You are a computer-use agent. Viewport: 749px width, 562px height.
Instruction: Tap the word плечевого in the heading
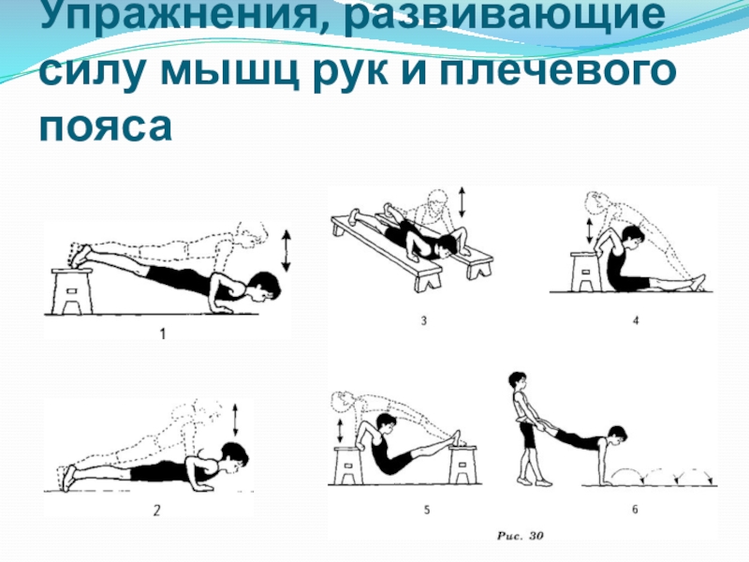(x=557, y=72)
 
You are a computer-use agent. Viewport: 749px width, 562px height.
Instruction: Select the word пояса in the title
(x=106, y=126)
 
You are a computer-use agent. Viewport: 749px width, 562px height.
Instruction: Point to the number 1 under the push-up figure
(x=163, y=333)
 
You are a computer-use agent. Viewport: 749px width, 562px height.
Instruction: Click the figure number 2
(x=156, y=510)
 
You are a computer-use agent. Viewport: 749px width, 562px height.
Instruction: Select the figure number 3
(x=424, y=320)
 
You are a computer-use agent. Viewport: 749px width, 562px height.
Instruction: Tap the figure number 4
(x=636, y=320)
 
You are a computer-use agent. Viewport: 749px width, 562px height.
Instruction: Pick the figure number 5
(x=427, y=510)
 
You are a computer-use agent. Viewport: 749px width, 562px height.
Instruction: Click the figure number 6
(x=636, y=510)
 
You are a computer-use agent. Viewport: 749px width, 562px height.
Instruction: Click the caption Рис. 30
(x=521, y=536)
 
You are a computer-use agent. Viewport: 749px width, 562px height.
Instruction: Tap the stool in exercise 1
(x=72, y=291)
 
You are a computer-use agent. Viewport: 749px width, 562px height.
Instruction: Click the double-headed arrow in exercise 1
(x=286, y=251)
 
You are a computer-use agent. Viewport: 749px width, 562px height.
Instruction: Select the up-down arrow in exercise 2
(x=235, y=420)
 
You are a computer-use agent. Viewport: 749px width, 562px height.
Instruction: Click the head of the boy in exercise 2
(x=235, y=455)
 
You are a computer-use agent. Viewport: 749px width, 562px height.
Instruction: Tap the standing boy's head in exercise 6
(x=518, y=382)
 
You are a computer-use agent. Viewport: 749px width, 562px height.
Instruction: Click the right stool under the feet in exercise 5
(x=462, y=465)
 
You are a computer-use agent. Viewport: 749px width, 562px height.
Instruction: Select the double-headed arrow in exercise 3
(x=462, y=202)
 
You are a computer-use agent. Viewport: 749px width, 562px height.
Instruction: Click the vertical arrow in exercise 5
(x=340, y=431)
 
